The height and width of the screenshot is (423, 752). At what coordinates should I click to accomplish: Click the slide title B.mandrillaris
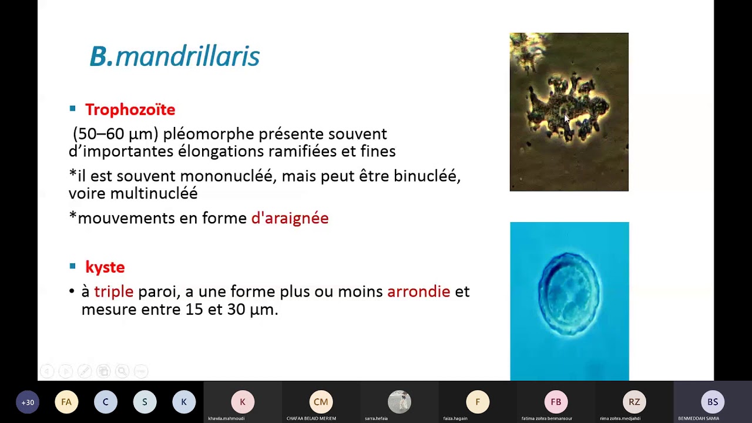click(x=174, y=57)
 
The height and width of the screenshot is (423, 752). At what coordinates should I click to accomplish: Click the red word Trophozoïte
click(x=130, y=110)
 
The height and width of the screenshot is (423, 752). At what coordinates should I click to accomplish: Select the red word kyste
click(x=105, y=267)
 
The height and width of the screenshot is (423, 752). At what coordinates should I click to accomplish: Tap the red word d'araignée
click(x=290, y=218)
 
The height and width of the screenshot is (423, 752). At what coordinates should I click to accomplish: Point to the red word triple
click(x=113, y=291)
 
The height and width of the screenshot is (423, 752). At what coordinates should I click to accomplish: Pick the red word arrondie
click(x=418, y=291)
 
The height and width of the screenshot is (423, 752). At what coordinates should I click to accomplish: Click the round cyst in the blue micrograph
click(x=569, y=294)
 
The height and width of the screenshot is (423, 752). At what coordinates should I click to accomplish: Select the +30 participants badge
click(x=28, y=402)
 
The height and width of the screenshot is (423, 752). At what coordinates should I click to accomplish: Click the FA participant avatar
click(x=66, y=402)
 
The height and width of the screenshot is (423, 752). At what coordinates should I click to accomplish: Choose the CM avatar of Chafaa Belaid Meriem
click(x=321, y=402)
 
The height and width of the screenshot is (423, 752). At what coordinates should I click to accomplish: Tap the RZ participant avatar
click(x=634, y=402)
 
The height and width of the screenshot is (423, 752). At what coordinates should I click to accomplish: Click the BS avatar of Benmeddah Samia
click(x=712, y=402)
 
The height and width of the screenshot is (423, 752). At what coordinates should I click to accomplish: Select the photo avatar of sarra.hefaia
click(x=399, y=402)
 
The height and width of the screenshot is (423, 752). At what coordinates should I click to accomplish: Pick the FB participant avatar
click(x=556, y=402)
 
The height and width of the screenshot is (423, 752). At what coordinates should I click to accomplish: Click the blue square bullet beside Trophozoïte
click(x=73, y=109)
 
